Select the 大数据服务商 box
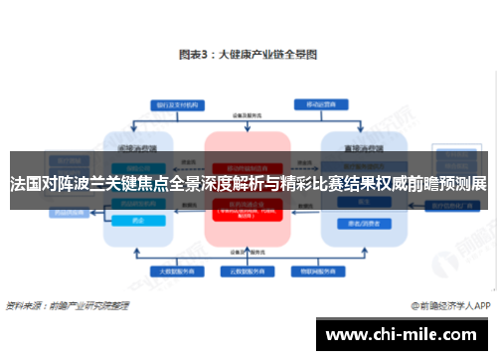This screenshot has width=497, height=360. (x=169, y=270)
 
